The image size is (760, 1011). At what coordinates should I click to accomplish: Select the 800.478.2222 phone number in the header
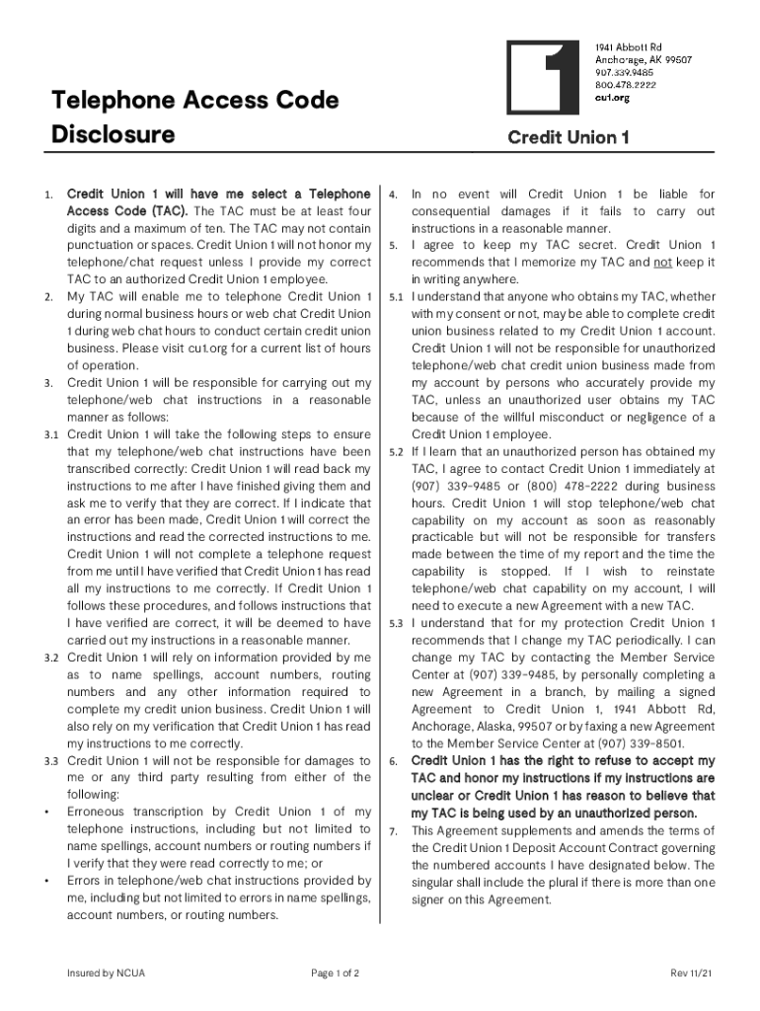626,86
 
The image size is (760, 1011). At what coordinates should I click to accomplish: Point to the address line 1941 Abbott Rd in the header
628,46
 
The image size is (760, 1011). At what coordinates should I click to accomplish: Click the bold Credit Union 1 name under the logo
568,138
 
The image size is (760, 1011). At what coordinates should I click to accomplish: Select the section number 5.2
396,451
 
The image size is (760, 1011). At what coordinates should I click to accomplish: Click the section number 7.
393,831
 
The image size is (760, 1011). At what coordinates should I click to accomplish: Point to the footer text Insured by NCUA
106,973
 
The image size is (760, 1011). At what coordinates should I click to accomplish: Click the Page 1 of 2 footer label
335,973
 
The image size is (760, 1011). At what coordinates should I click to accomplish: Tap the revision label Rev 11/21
691,973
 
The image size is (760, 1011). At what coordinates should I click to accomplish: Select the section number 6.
393,761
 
